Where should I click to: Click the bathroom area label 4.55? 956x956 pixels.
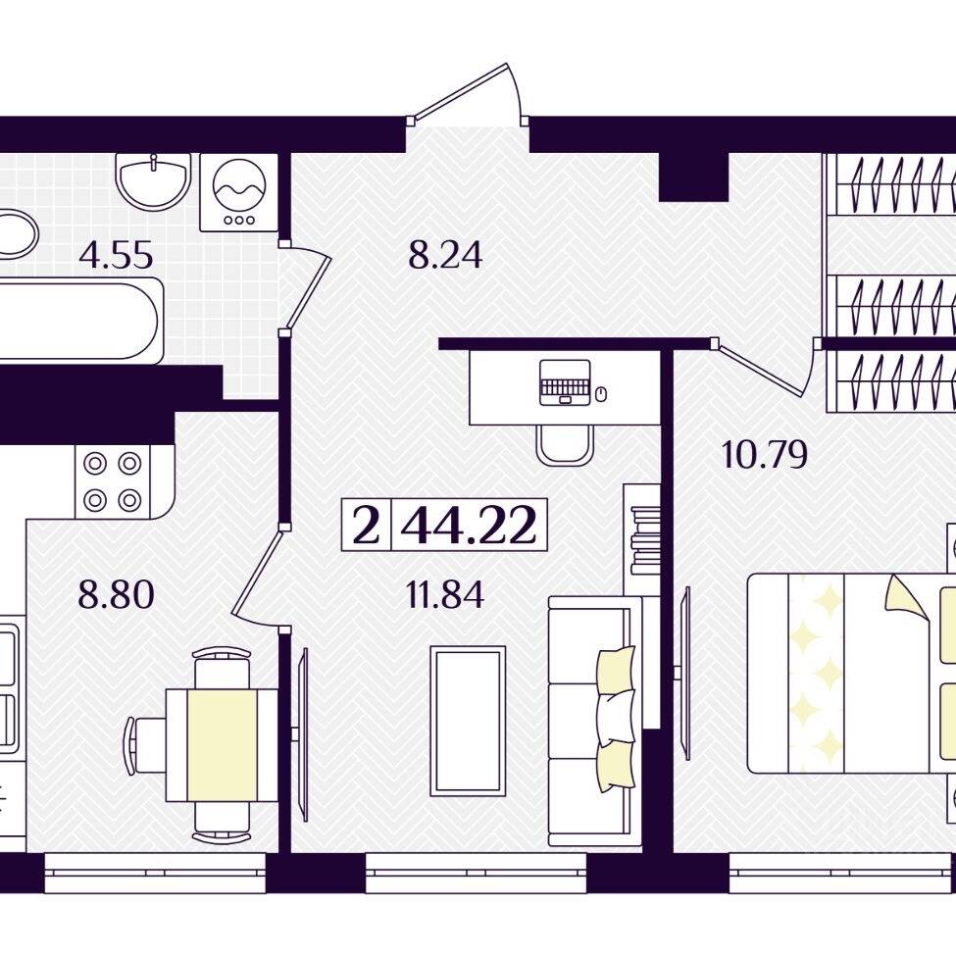pos(116,255)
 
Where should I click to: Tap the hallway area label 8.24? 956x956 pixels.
pos(445,255)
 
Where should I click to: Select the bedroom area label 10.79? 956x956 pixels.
pos(765,454)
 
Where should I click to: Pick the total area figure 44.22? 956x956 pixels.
pos(469,526)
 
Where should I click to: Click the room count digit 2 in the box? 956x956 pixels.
pos(366,526)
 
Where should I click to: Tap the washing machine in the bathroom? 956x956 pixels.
pos(239,192)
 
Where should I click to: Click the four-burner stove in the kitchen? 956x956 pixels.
pos(113,481)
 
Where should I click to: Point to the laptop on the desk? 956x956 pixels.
pos(565,382)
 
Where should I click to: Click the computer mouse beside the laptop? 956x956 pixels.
pos(601,393)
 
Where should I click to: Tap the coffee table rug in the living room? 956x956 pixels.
pos(468,721)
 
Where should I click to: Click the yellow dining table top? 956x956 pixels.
pos(222,744)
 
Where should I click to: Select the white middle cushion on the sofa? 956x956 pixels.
pos(615,718)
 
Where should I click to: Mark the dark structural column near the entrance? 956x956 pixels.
pos(694,176)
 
